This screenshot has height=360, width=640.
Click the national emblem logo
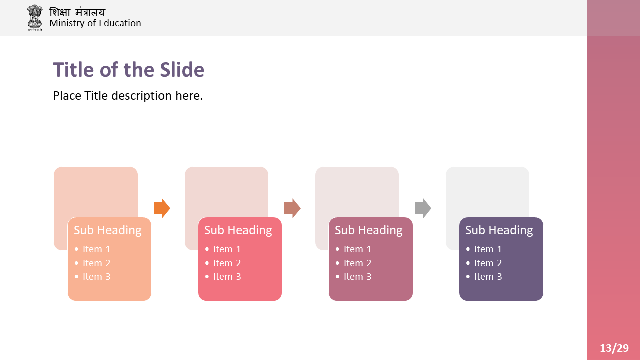(35, 17)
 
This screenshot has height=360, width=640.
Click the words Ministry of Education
(95, 23)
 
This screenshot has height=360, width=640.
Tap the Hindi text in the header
(77, 12)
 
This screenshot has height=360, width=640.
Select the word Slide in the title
(182, 70)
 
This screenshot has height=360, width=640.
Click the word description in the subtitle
(141, 96)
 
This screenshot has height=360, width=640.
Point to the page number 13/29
(614, 348)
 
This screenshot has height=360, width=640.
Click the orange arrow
(162, 208)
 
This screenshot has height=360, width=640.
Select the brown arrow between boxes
(292, 208)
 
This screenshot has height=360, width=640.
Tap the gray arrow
(423, 208)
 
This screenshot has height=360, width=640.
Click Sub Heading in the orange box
(107, 230)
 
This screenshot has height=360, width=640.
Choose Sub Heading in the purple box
(499, 230)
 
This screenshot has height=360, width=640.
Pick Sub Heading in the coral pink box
(238, 230)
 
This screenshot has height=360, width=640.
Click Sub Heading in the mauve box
(368, 230)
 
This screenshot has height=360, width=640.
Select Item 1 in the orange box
(96, 249)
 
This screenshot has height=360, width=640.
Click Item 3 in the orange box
(96, 277)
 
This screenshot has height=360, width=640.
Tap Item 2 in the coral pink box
(227, 263)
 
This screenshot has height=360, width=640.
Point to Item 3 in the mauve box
(357, 277)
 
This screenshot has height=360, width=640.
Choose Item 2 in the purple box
(488, 263)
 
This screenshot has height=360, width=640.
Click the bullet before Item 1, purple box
(468, 249)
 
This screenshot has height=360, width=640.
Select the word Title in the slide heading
(73, 70)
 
